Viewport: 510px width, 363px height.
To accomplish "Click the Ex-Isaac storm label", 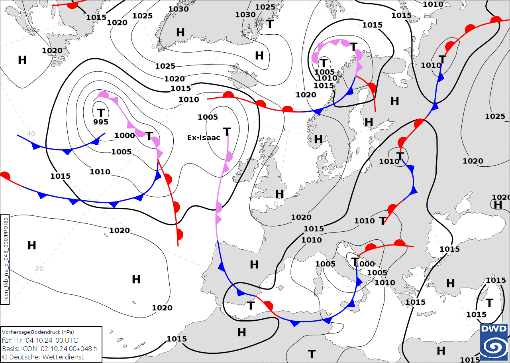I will (204, 138).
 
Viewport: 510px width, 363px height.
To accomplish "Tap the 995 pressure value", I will (101, 122).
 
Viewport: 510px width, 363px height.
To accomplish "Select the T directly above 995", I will (101, 113).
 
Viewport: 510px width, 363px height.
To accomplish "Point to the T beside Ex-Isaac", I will (227, 132).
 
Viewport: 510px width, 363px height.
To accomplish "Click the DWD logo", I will (494, 342).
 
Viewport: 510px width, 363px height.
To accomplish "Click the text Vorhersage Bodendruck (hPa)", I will (38, 332).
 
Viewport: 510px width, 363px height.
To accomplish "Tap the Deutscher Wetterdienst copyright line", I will (43, 357).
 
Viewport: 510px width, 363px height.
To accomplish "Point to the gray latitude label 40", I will (31, 134).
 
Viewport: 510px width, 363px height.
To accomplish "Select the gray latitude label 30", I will (39, 268).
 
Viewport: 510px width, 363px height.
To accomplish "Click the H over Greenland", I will (180, 33).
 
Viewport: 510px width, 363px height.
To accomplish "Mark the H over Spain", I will (254, 264).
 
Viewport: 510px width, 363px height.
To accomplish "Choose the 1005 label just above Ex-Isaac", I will (208, 117).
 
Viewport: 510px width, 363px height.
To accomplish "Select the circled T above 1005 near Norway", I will (324, 63).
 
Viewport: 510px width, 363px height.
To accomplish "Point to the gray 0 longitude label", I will (276, 204).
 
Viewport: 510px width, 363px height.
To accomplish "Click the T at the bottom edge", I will (312, 354).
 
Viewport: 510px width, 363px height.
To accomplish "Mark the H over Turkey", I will (450, 284).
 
